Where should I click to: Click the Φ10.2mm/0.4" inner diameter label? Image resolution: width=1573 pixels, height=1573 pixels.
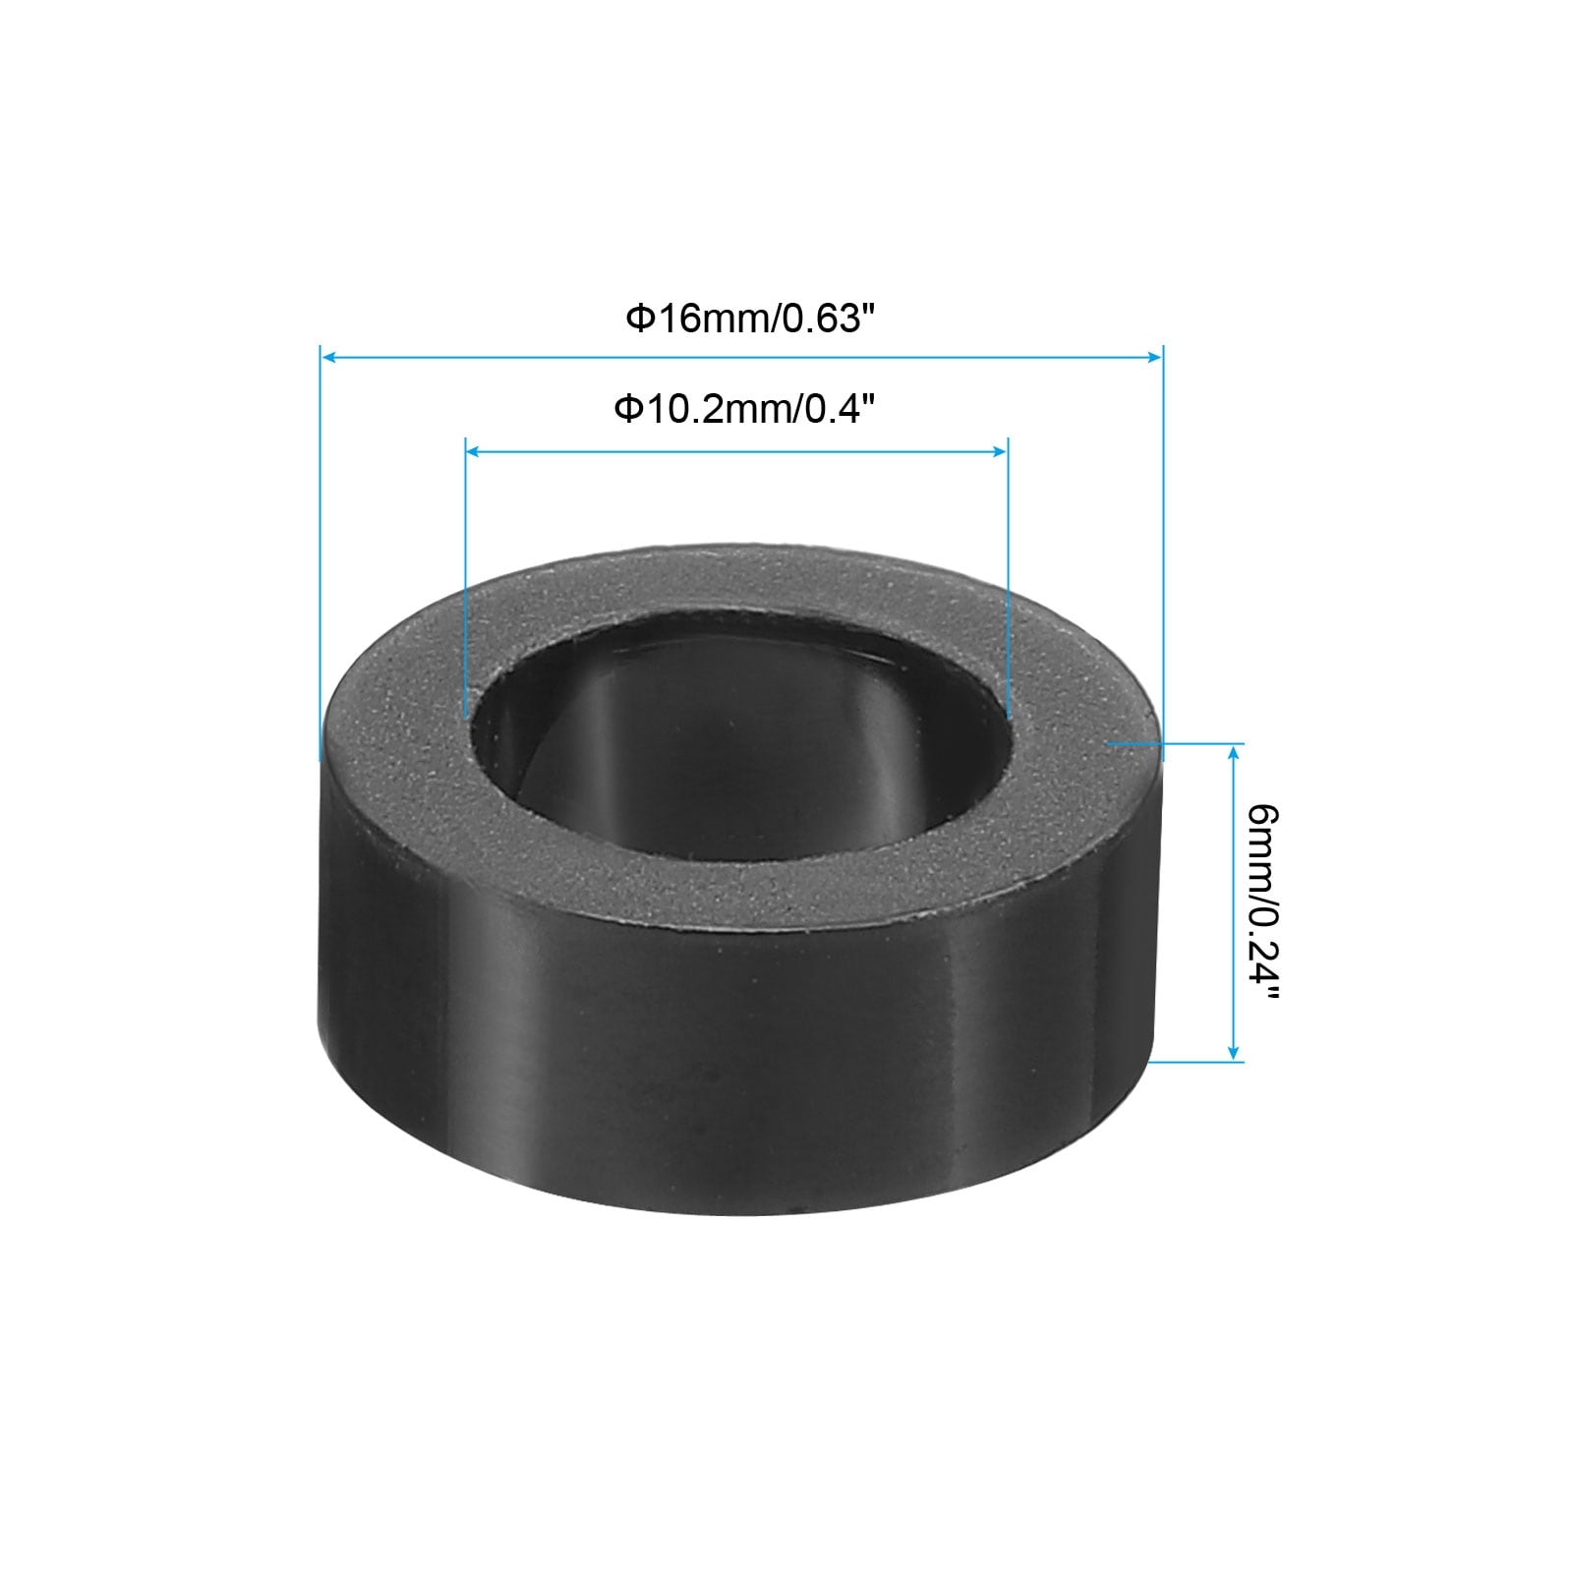tap(743, 408)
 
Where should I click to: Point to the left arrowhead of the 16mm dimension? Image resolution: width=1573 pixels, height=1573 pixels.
tap(330, 358)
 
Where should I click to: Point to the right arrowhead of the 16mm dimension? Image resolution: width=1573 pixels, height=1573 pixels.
tap(1154, 358)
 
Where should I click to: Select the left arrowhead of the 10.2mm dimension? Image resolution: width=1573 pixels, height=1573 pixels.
tap(474, 451)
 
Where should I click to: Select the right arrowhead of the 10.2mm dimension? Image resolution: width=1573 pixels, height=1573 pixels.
tap(999, 451)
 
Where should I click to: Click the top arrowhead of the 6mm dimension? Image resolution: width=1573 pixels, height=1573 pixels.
tap(1235, 753)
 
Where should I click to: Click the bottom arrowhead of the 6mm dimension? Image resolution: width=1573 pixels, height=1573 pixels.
tap(1235, 1052)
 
